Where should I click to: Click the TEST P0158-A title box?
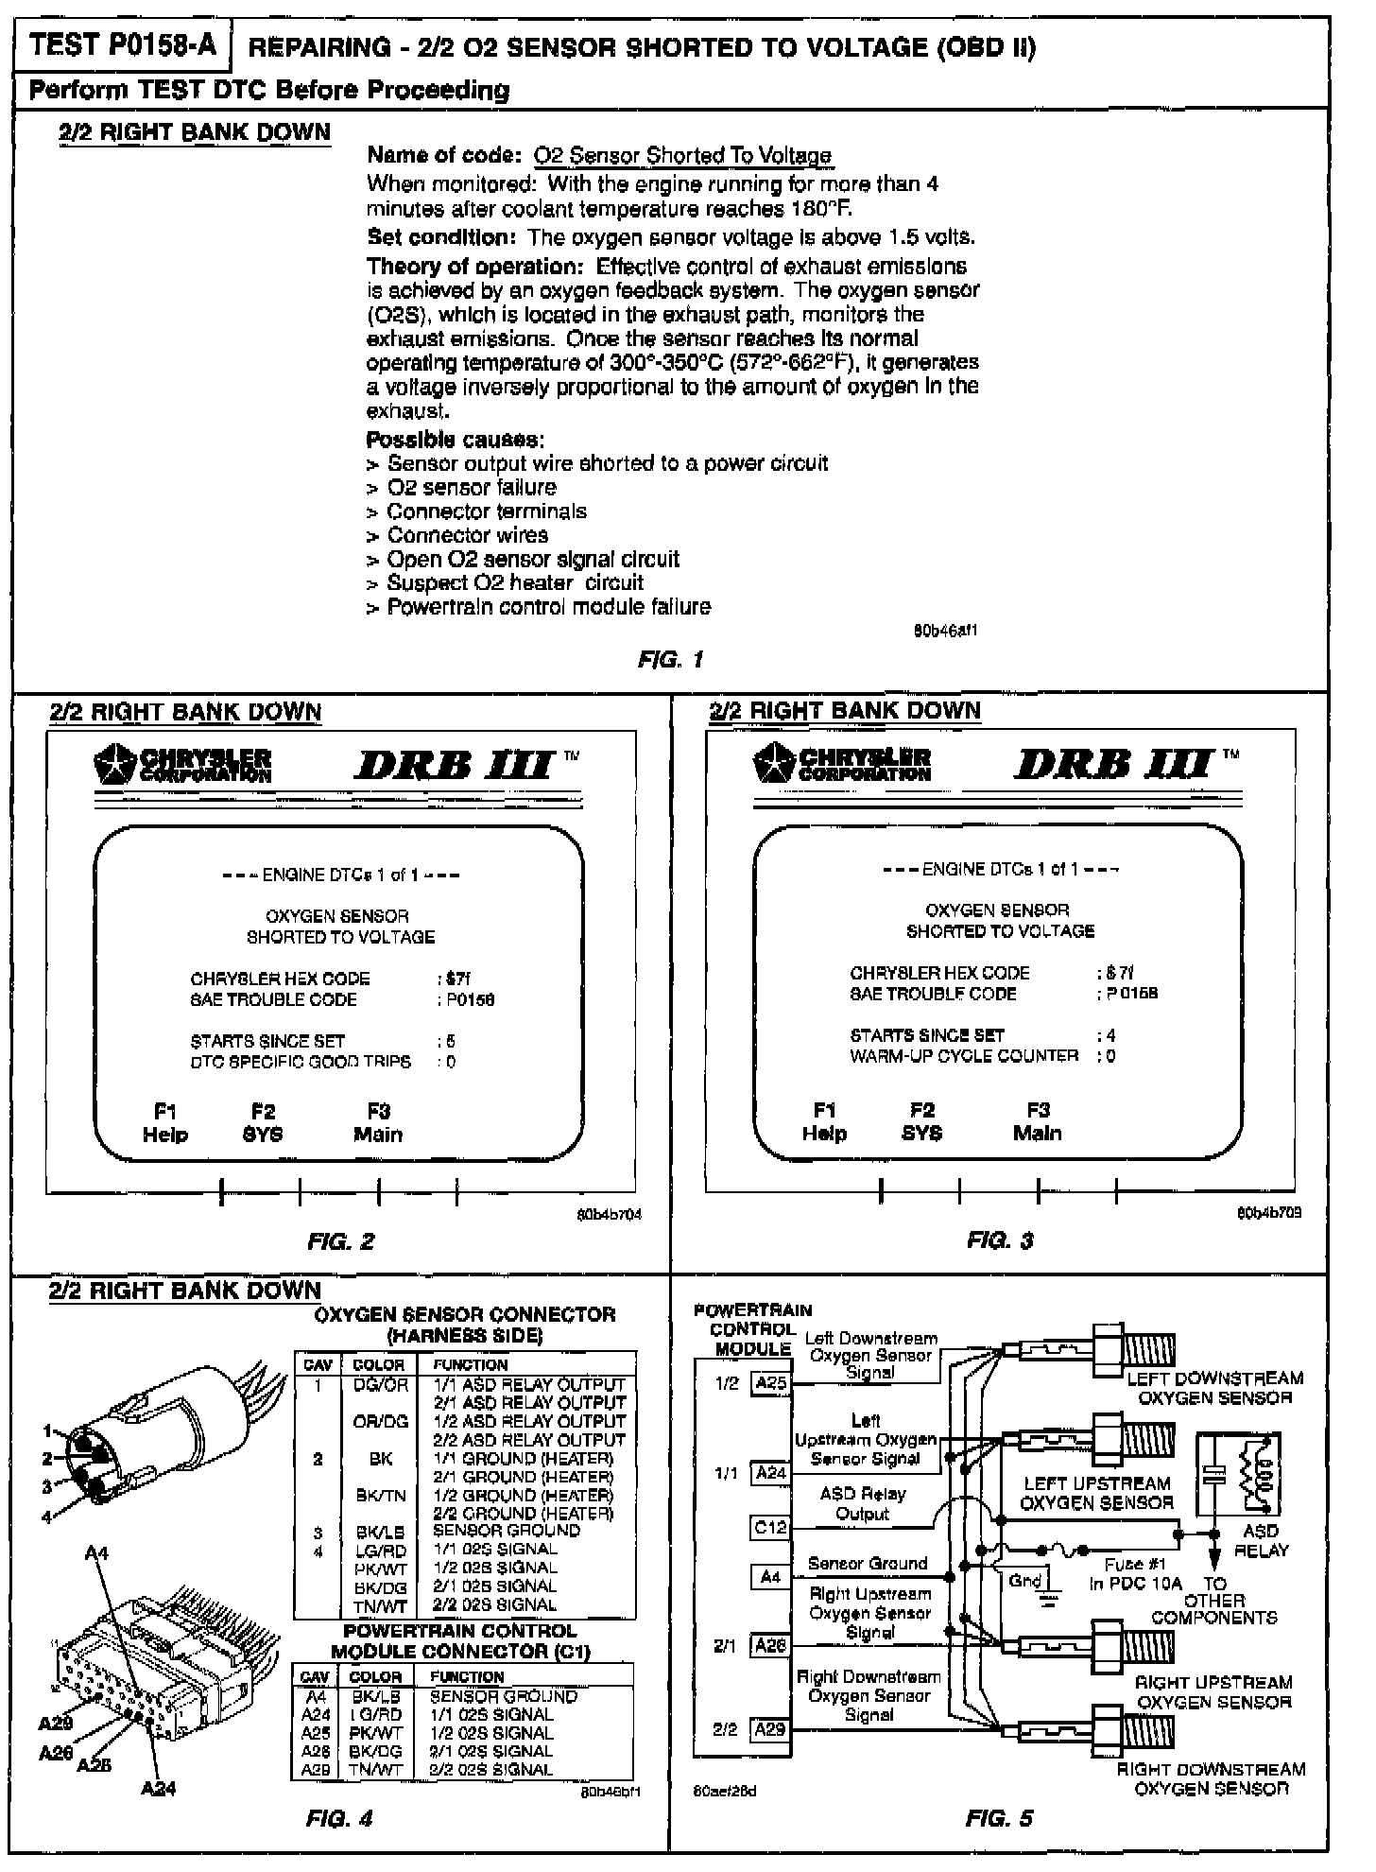tap(122, 46)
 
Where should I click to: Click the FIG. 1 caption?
tap(670, 660)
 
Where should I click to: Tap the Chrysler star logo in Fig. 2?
tap(115, 765)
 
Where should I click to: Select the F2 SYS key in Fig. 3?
tap(921, 1121)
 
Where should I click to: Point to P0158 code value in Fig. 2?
tap(471, 999)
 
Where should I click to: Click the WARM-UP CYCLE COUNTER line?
tap(964, 1056)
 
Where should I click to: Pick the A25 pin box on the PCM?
tap(771, 1384)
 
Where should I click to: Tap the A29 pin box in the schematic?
tap(770, 1729)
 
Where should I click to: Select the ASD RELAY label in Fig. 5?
tap(1261, 1540)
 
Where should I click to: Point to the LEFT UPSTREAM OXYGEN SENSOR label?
tap(1096, 1493)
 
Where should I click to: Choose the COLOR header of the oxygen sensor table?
tap(378, 1364)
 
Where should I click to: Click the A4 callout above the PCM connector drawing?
tap(96, 1552)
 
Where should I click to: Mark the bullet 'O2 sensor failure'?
tap(472, 488)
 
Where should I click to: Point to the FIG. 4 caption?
tap(339, 1818)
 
